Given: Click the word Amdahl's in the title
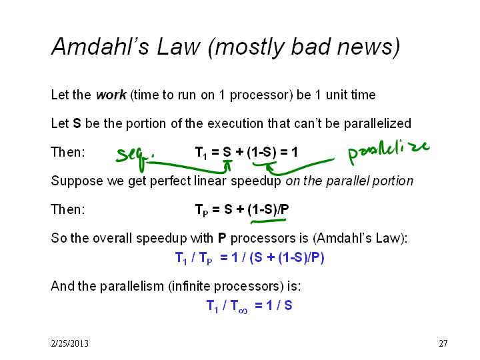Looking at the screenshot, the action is (101, 47).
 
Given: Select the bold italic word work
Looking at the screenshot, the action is (111, 95).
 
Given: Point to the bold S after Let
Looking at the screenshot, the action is (77, 123).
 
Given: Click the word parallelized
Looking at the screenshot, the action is (377, 124).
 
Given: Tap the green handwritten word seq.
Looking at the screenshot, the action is (134, 157).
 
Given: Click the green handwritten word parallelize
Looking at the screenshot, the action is (389, 151).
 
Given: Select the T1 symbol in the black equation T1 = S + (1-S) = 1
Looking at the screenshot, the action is (201, 153).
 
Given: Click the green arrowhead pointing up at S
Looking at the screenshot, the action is (227, 165).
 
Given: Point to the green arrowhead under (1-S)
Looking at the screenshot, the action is (269, 167).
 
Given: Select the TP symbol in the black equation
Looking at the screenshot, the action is (201, 210).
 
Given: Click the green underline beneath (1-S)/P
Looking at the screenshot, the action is (269, 221).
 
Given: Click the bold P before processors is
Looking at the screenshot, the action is (222, 238).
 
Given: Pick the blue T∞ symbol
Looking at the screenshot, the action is (239, 306).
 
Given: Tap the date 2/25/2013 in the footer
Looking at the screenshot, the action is (70, 343).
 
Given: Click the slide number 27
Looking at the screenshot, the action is (443, 343).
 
